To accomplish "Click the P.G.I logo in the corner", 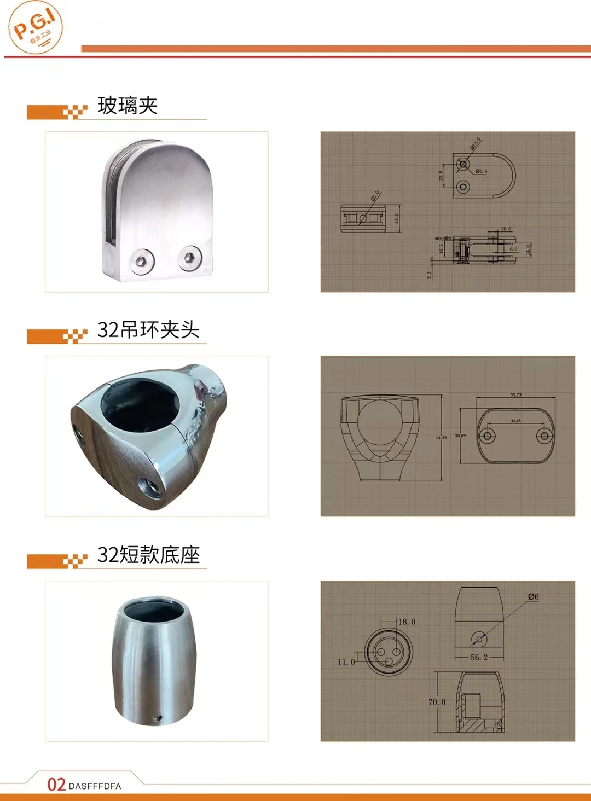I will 36,27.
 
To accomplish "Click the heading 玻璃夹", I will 128,106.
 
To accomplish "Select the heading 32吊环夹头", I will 148,330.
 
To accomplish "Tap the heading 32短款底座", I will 148,555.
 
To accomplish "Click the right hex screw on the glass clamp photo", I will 190,256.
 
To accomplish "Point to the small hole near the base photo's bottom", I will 158,717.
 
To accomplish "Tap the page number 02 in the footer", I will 56,785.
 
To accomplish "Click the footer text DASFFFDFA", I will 95,786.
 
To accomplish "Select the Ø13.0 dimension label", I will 475,143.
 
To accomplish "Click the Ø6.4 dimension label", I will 481,171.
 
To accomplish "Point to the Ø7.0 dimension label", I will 375,196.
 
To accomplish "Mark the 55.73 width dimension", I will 515,394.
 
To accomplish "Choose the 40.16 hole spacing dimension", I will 515,421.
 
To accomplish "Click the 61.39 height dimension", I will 441,438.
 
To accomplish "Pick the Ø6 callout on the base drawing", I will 533,597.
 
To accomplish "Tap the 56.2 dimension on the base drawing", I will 479,657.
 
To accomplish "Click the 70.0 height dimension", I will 437,702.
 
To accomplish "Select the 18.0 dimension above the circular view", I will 407,622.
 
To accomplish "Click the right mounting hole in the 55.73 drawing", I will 544,436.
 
